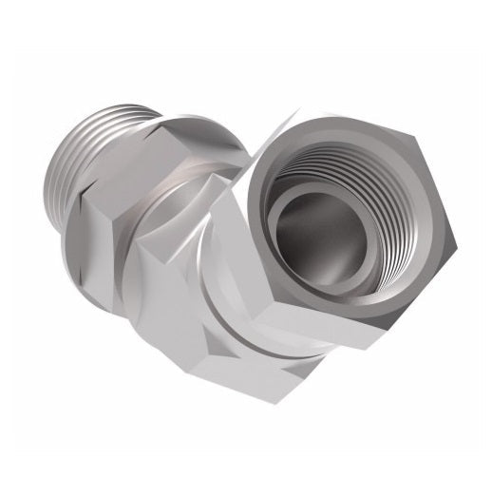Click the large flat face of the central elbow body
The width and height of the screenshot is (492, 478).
pos(171,314)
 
